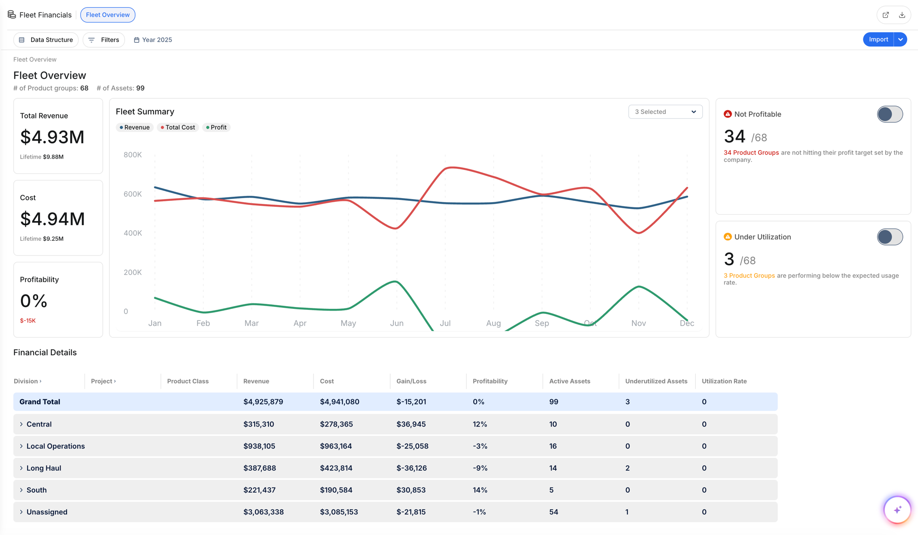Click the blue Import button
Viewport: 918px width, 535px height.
(878, 40)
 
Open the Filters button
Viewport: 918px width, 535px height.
(104, 40)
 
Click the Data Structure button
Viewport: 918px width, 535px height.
(46, 40)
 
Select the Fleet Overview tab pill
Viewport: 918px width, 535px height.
(108, 15)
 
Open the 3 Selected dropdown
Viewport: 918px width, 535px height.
(665, 112)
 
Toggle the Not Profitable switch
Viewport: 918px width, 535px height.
(890, 114)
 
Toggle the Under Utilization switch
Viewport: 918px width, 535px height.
(890, 237)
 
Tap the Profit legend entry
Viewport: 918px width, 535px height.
(216, 127)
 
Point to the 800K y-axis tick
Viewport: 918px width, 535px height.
(133, 155)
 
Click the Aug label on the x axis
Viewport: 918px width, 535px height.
(493, 323)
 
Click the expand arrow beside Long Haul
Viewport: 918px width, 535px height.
(21, 468)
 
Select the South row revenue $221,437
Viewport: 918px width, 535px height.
(259, 490)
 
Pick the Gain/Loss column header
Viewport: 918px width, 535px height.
(411, 381)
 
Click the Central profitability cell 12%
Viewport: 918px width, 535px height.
(480, 424)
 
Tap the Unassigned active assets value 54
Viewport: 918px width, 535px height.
(554, 512)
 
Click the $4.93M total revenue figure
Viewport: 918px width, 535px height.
(52, 137)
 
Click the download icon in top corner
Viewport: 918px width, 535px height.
(902, 15)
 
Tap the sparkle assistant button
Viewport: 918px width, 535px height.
(897, 509)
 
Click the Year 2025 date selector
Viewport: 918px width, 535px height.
(153, 40)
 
